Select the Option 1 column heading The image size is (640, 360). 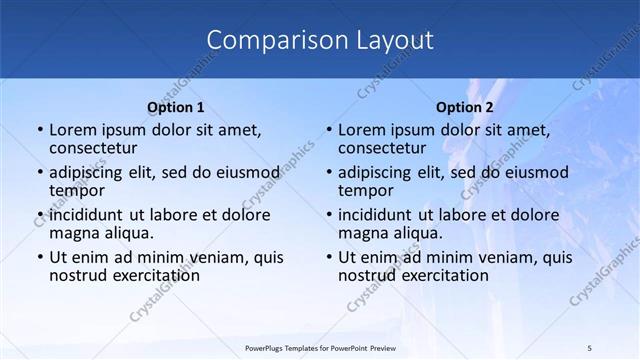tap(176, 107)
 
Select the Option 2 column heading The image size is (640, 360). tap(465, 107)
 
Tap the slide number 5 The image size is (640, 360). tap(590, 347)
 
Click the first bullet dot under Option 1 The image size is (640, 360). tap(39, 130)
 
